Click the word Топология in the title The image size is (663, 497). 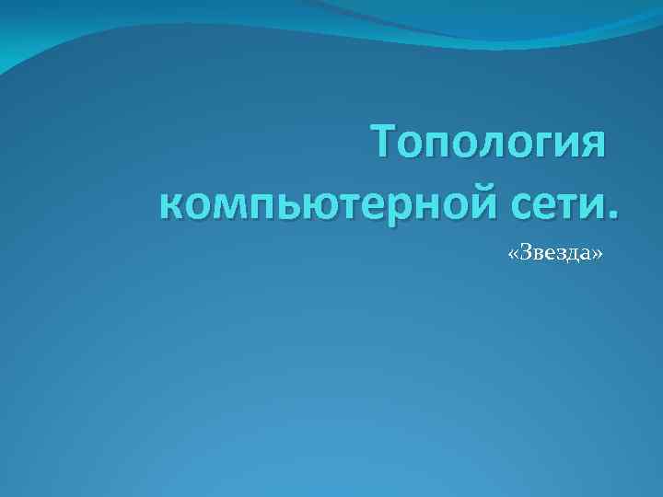pos(488,145)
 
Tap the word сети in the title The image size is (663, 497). pos(551,200)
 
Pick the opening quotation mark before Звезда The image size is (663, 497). pos(513,255)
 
